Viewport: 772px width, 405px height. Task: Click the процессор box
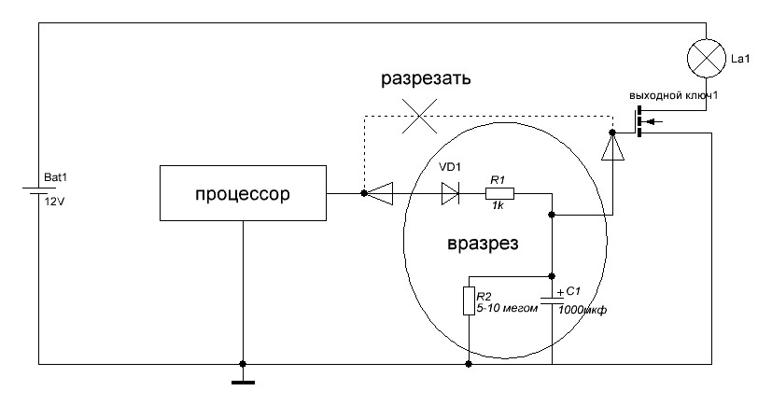(x=243, y=194)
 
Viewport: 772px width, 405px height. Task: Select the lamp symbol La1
(x=706, y=59)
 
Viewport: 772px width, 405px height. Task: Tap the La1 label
(x=739, y=60)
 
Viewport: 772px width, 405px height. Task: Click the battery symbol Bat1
(x=37, y=194)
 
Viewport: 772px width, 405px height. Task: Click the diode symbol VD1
(x=450, y=194)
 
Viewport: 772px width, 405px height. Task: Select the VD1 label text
(x=450, y=167)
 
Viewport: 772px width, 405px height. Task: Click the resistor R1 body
(x=499, y=194)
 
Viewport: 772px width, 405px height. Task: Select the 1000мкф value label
(x=583, y=311)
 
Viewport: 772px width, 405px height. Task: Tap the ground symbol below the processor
(x=242, y=378)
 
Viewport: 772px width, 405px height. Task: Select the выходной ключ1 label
(x=672, y=95)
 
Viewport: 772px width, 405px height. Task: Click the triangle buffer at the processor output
(x=379, y=194)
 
